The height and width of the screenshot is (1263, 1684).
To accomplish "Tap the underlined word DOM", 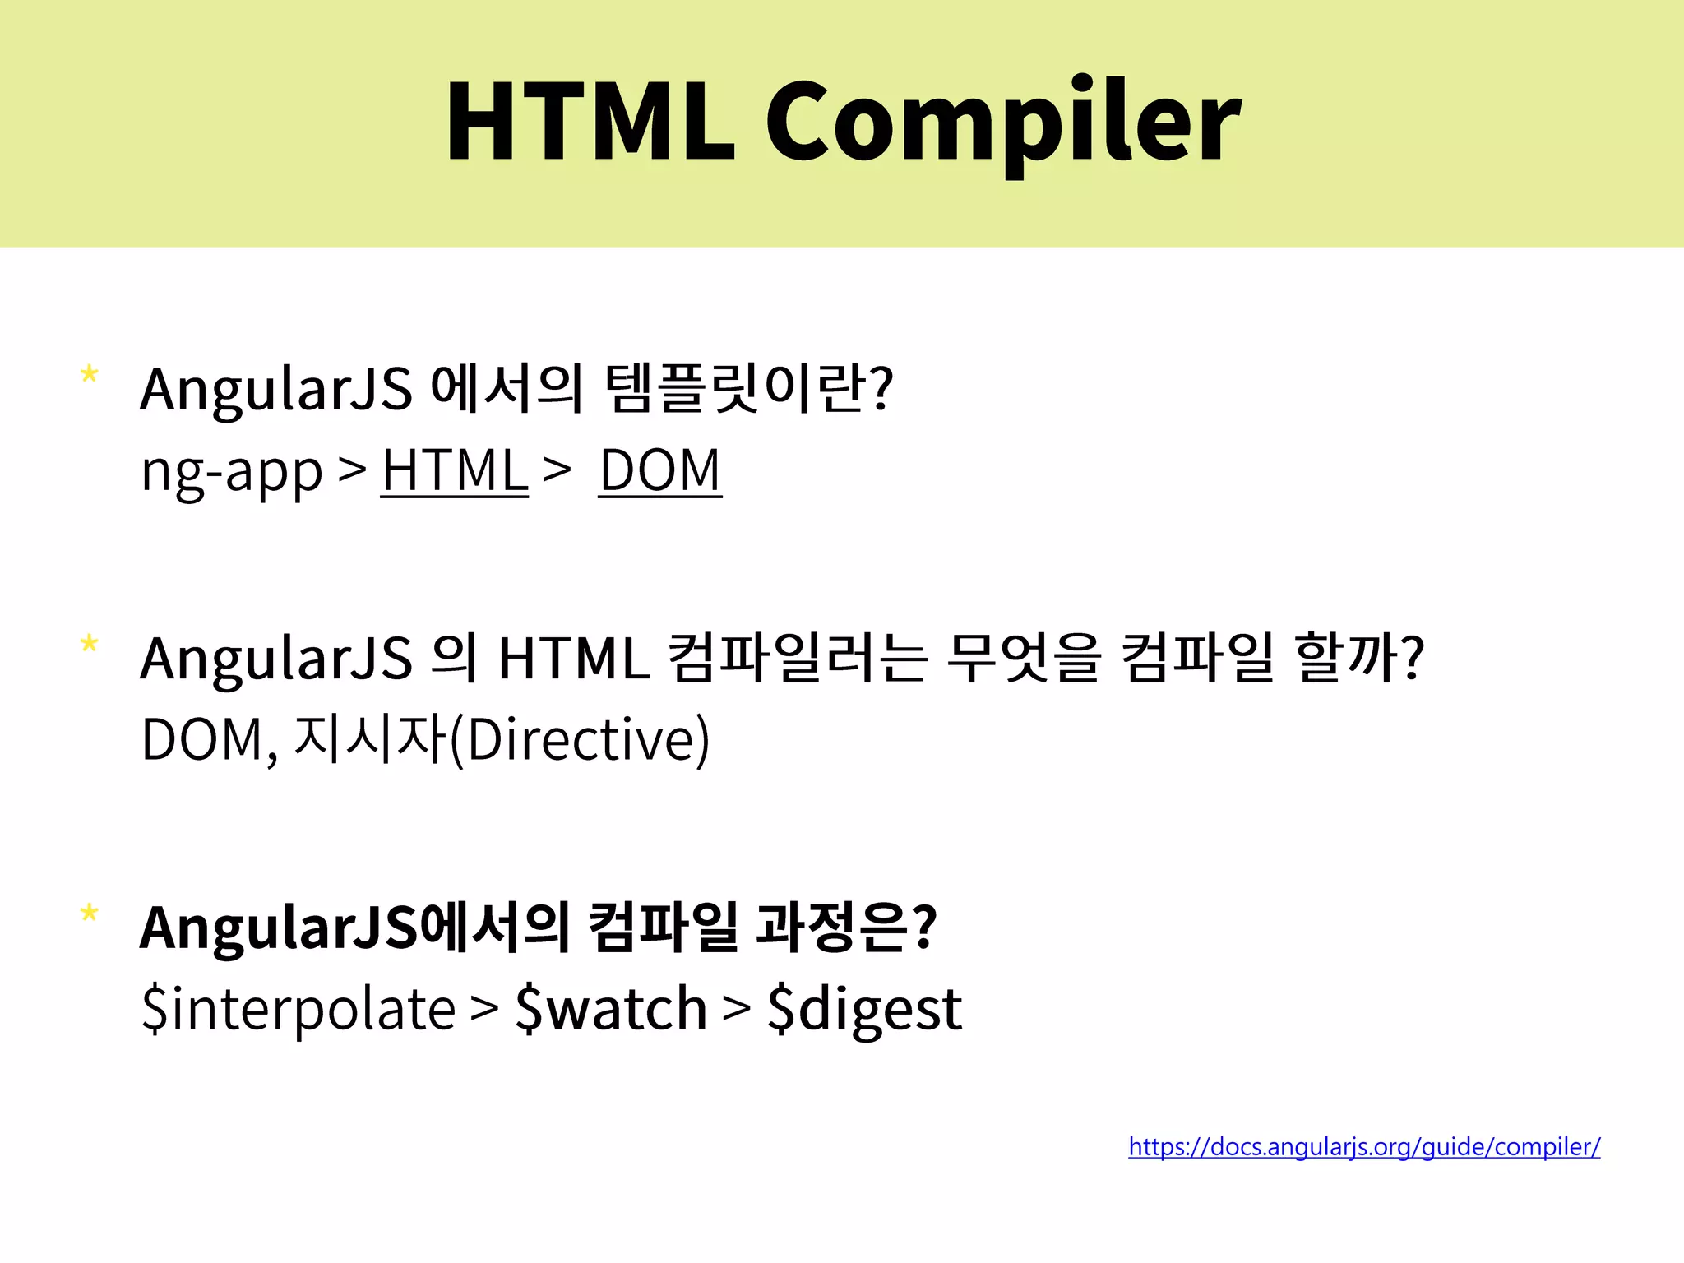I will click(x=660, y=471).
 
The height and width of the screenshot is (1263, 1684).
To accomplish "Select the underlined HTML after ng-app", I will click(x=455, y=471).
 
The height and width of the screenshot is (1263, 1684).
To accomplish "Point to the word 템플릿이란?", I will click(x=748, y=388).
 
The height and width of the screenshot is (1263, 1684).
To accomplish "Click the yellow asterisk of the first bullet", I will click(x=90, y=376).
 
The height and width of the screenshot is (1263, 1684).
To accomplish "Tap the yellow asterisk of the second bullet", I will click(x=90, y=645).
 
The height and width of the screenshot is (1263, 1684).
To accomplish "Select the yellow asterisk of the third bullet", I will click(x=90, y=914).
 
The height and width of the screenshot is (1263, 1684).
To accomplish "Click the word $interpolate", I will click(x=298, y=1009).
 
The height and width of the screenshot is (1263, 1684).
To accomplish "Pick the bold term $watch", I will click(x=611, y=1009).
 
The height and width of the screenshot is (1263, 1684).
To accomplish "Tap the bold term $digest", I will click(x=864, y=1009).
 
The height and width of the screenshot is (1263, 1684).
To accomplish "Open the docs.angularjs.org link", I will click(x=1364, y=1146).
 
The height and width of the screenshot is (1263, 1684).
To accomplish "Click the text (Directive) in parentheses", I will click(x=581, y=740).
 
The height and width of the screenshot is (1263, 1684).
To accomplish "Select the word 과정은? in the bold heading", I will click(x=846, y=927).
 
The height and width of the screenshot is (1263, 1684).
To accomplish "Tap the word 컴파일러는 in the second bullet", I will click(x=798, y=658).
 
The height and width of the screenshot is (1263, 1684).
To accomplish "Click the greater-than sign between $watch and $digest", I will click(x=737, y=1009).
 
